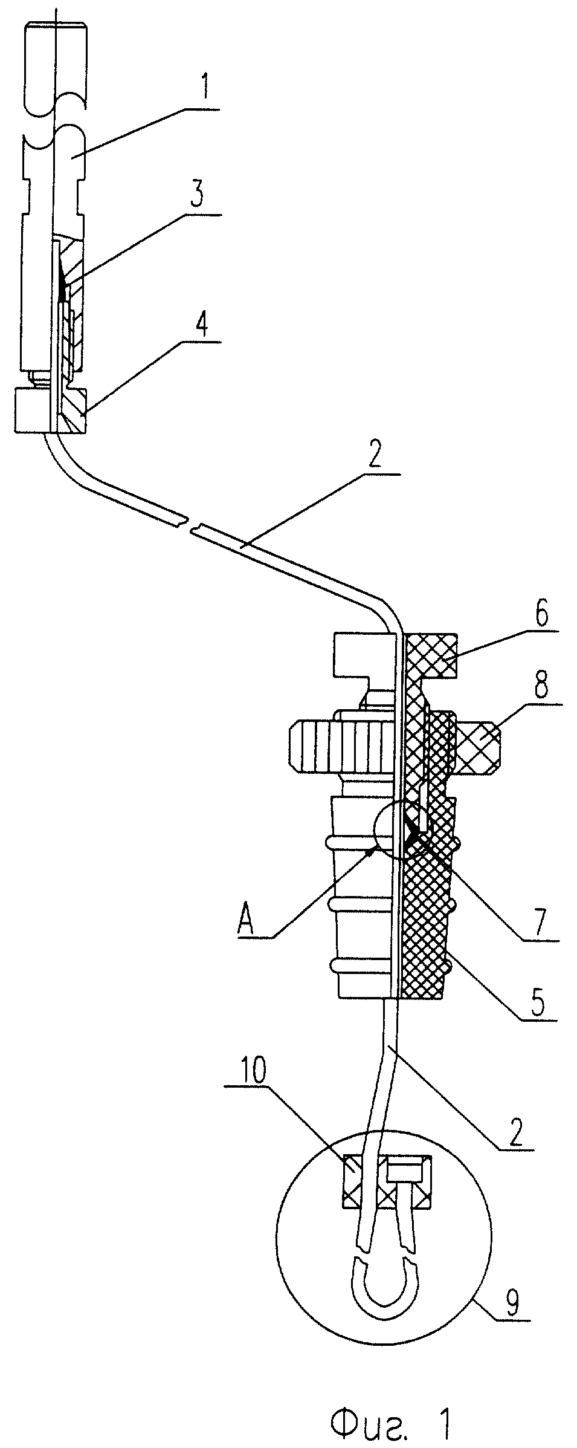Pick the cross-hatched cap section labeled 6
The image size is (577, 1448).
(x=430, y=664)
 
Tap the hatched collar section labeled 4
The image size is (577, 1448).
(x=73, y=411)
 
